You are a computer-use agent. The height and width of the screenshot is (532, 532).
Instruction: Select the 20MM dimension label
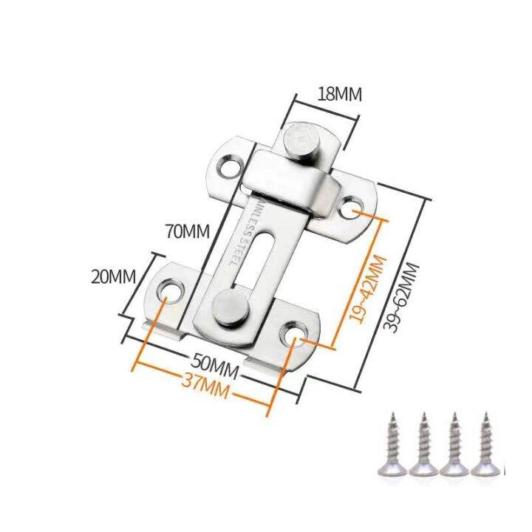113,277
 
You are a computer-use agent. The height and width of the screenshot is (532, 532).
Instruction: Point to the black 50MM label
214,366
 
